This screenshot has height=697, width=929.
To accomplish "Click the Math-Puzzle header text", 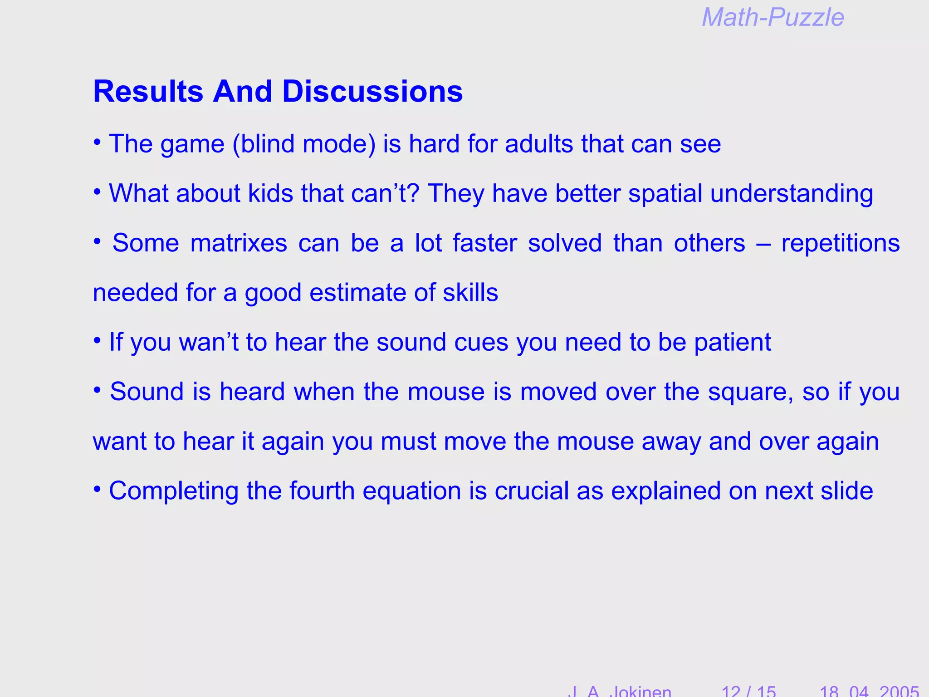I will click(773, 18).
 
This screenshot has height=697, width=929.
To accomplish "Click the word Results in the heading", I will click(148, 92).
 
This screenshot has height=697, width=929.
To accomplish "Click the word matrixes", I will click(239, 243).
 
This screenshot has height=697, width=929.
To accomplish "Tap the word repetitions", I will click(840, 243).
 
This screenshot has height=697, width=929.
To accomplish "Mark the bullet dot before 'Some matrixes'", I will click(97, 241).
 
